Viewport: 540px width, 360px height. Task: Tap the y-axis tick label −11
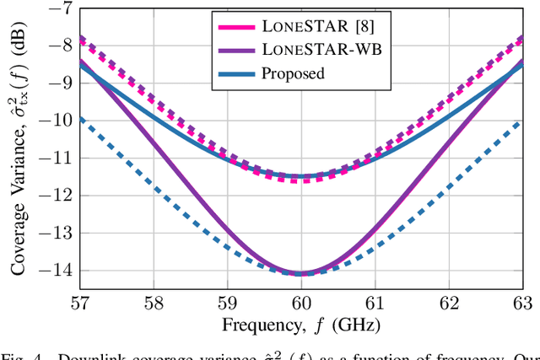[x=55, y=158]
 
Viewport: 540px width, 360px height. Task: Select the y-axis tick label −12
[x=55, y=196]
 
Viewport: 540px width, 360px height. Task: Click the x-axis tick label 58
[x=154, y=303]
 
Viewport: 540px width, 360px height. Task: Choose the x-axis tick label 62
[x=450, y=303]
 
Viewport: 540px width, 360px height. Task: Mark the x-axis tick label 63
[x=523, y=303]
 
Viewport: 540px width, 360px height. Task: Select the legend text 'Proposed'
[x=294, y=73]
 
